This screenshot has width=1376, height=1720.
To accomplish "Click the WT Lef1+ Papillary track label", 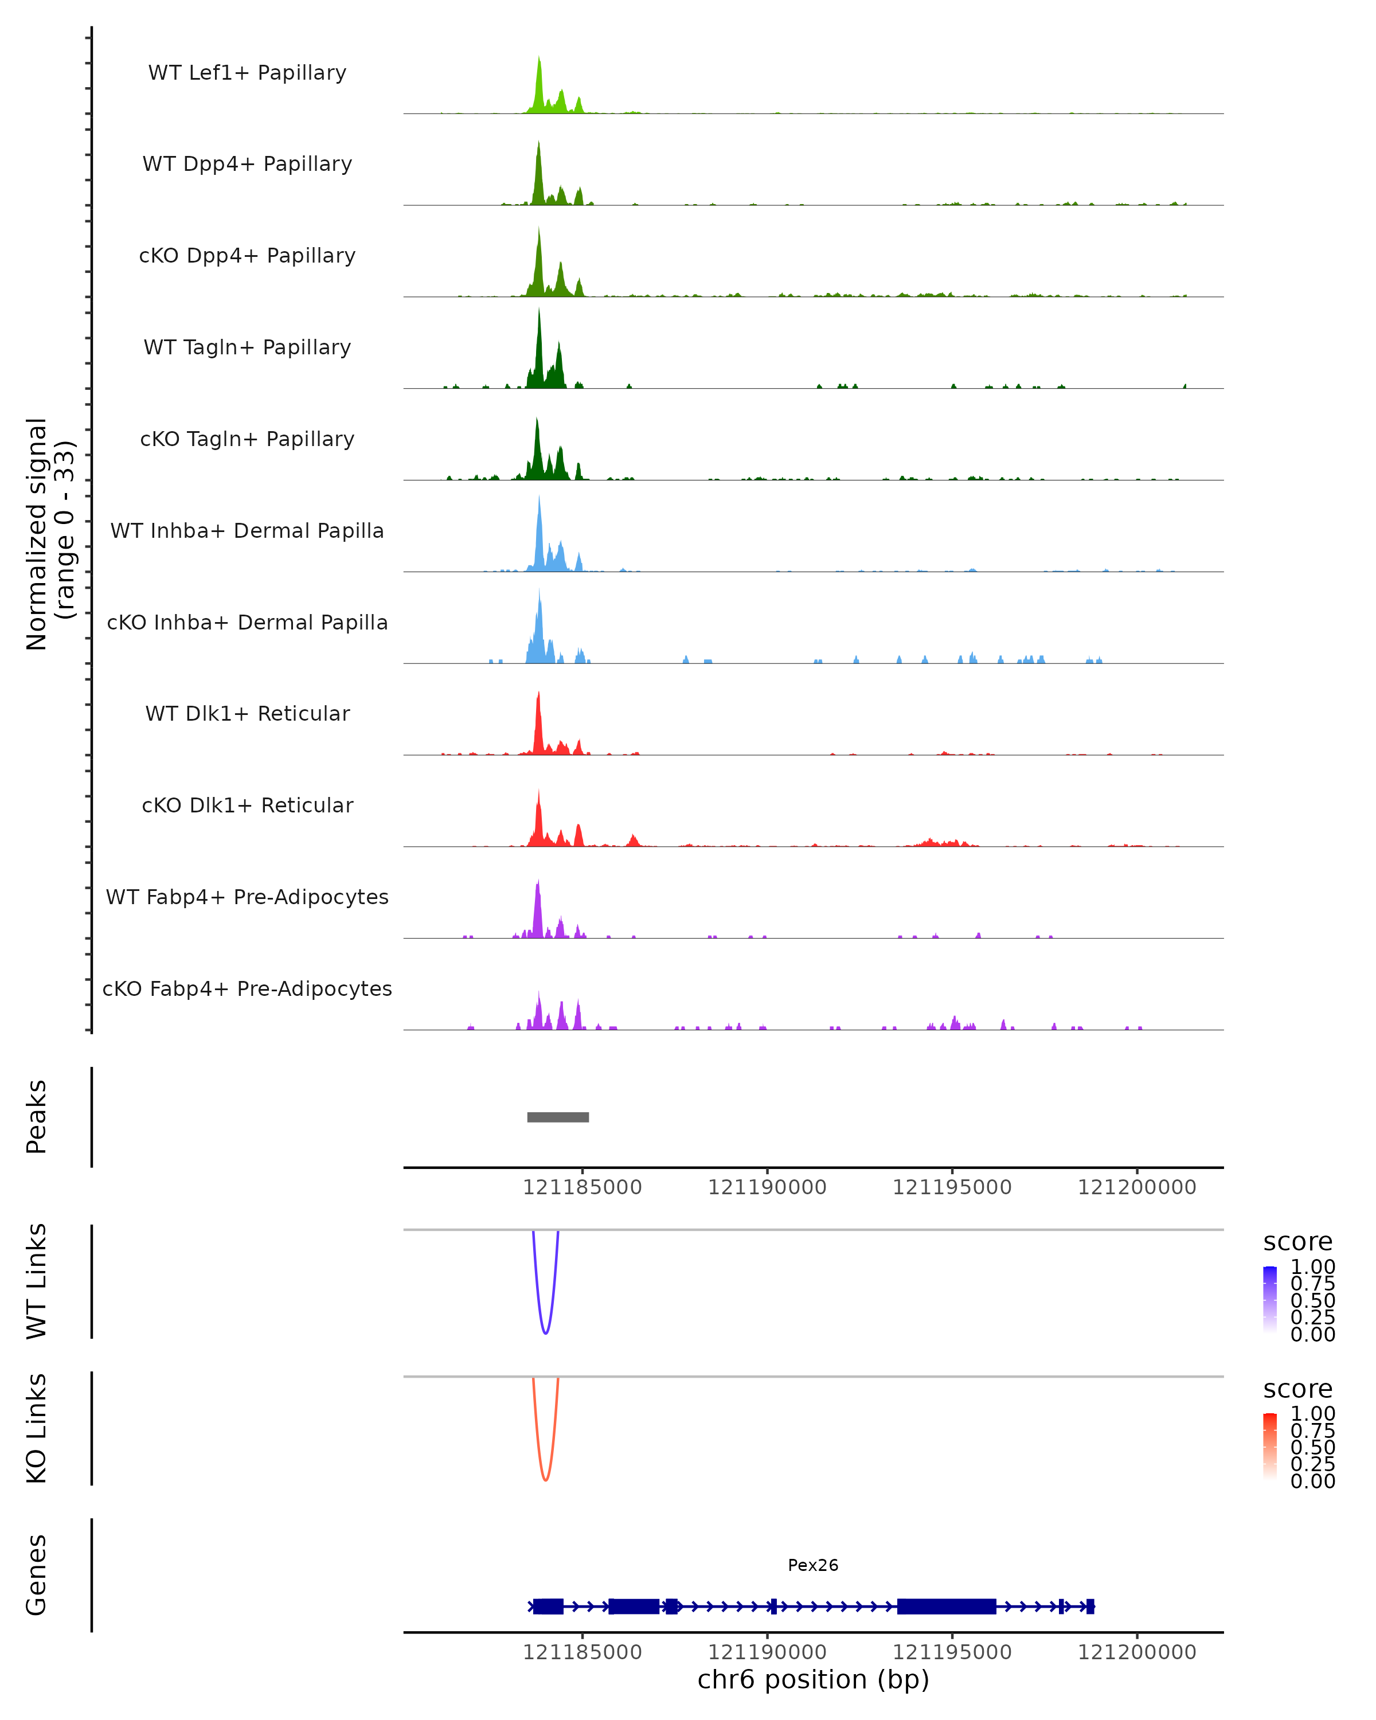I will pyautogui.click(x=247, y=73).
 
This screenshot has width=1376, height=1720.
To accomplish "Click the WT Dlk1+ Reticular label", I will pyautogui.click(x=247, y=713).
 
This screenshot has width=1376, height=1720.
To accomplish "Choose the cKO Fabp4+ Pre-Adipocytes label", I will pyautogui.click(x=247, y=988).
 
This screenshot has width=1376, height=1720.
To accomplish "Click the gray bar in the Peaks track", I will pyautogui.click(x=558, y=1117).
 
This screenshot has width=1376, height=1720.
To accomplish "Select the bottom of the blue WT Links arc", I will pyautogui.click(x=546, y=1333).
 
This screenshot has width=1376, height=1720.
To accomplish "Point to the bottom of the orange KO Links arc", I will pyautogui.click(x=546, y=1480).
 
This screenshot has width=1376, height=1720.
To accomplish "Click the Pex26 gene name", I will pyautogui.click(x=813, y=1565).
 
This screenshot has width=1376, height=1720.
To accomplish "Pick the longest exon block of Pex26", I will pyautogui.click(x=946, y=1606).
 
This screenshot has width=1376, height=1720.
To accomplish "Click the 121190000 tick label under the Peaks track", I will pyautogui.click(x=767, y=1188).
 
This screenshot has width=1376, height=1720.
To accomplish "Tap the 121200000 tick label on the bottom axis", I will pyautogui.click(x=1137, y=1652).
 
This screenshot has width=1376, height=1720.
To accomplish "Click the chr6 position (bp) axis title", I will pyautogui.click(x=813, y=1680).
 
